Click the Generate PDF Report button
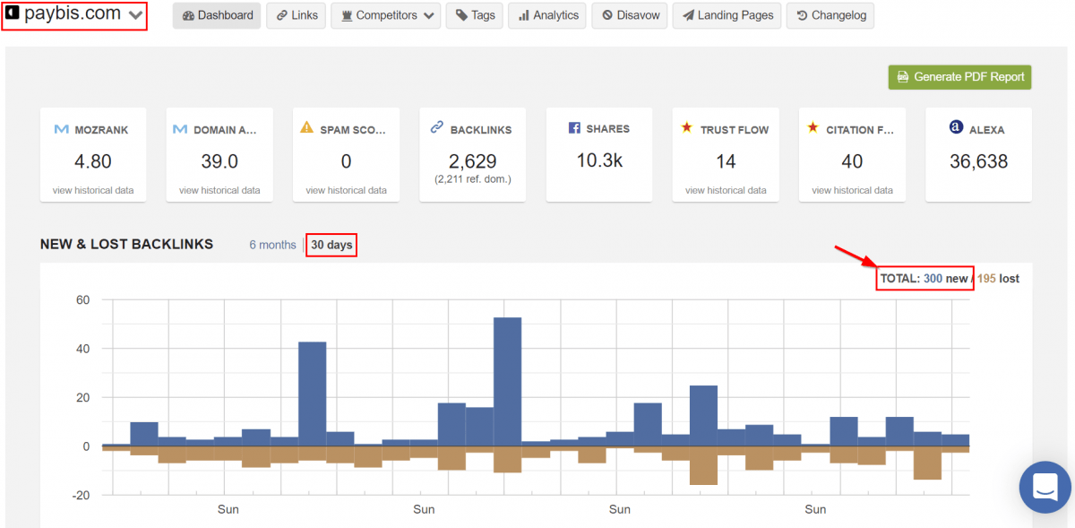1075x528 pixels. pyautogui.click(x=959, y=77)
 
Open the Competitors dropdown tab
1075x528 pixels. pyautogui.click(x=386, y=15)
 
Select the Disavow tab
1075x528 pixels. pyautogui.click(x=630, y=15)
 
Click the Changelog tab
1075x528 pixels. pyautogui.click(x=830, y=15)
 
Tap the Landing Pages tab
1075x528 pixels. pyautogui.click(x=727, y=15)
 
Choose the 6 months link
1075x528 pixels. pyautogui.click(x=272, y=245)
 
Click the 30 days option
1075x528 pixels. pyautogui.click(x=331, y=245)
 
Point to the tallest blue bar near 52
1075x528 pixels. pyautogui.click(x=508, y=382)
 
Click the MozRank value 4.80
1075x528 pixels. pyautogui.click(x=92, y=161)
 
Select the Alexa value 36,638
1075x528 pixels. pyautogui.click(x=978, y=161)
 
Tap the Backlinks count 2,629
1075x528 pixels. pyautogui.click(x=473, y=161)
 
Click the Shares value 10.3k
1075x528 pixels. pyautogui.click(x=599, y=160)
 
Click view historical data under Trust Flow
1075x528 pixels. pyautogui.click(x=726, y=190)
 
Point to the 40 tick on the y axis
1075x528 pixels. pyautogui.click(x=82, y=349)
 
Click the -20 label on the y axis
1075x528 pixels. pyautogui.click(x=81, y=496)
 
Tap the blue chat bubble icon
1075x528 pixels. pyautogui.click(x=1045, y=487)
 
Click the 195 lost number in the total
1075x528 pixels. pyautogui.click(x=986, y=279)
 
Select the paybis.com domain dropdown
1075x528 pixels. pyautogui.click(x=74, y=14)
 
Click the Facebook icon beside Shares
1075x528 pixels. pyautogui.click(x=574, y=128)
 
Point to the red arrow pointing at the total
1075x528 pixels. pyautogui.click(x=856, y=256)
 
